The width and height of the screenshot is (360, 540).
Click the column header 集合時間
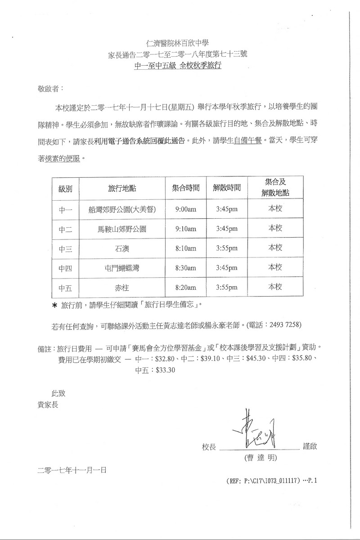click(x=186, y=189)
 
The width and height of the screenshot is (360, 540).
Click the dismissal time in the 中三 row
click(x=227, y=248)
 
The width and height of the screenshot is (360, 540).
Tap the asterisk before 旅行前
click(x=55, y=306)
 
